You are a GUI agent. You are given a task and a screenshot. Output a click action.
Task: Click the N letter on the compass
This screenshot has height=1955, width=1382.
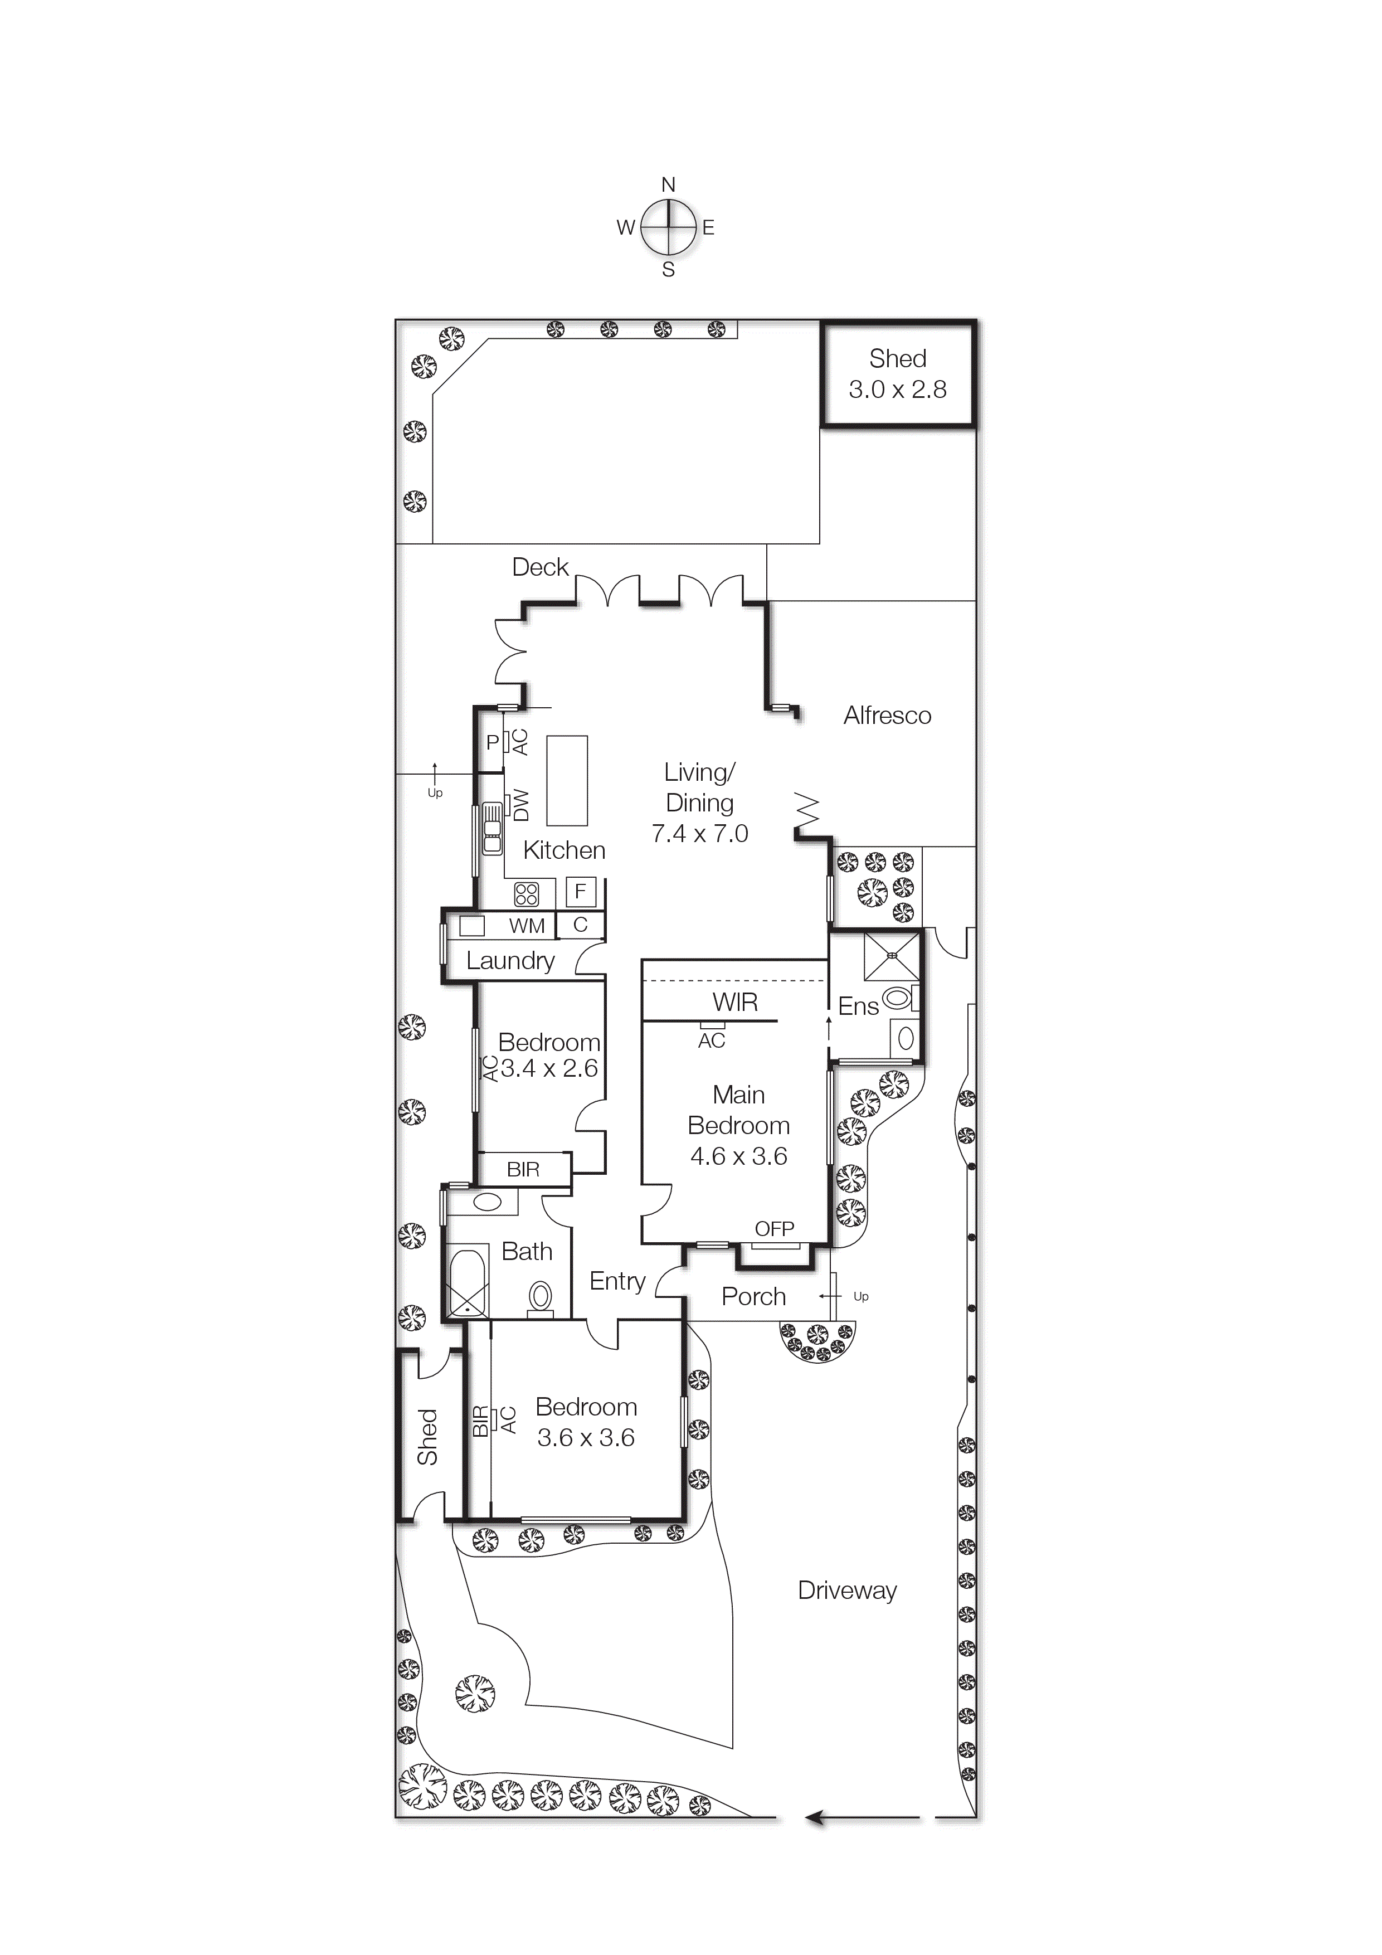click(669, 185)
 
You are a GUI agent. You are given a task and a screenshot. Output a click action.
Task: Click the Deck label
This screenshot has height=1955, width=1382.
click(540, 568)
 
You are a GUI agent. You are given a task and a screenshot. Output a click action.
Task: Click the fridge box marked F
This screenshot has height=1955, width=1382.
click(581, 892)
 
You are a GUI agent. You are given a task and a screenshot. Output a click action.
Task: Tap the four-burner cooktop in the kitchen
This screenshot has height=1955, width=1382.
click(526, 894)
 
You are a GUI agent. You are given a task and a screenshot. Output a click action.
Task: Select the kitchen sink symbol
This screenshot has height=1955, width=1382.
click(492, 828)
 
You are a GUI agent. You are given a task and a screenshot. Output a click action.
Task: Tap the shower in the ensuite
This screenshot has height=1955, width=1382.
click(892, 957)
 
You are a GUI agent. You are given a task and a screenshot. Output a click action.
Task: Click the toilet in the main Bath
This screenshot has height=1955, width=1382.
click(540, 1299)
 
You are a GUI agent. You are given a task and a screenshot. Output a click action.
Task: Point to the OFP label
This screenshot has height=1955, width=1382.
click(774, 1229)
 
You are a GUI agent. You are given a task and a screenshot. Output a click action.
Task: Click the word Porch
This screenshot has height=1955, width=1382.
click(753, 1297)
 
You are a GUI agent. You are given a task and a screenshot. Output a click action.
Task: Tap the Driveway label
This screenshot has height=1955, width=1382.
click(846, 1591)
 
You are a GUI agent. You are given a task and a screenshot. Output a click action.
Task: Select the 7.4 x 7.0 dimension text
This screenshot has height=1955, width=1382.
click(699, 834)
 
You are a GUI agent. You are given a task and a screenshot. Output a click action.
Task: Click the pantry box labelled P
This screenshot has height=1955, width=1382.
click(492, 742)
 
